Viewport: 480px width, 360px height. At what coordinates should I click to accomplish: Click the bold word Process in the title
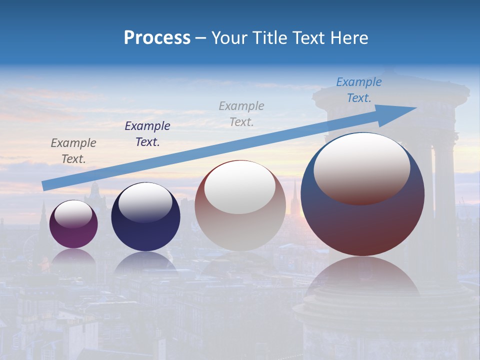coord(157,38)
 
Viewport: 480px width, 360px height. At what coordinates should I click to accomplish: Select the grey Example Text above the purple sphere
coord(73,151)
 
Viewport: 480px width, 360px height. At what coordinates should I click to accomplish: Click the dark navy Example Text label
coord(147,134)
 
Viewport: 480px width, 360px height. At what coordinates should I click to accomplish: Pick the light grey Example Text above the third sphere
coord(241,113)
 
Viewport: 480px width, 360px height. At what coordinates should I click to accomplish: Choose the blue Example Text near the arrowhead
coord(359,90)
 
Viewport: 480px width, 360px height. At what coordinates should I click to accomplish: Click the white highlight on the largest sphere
coord(361,169)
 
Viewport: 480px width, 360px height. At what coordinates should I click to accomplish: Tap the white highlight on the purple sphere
coord(73,214)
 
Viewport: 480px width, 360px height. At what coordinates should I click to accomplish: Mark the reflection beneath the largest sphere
coord(362,280)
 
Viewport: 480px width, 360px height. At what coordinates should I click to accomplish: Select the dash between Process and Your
coord(200,38)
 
